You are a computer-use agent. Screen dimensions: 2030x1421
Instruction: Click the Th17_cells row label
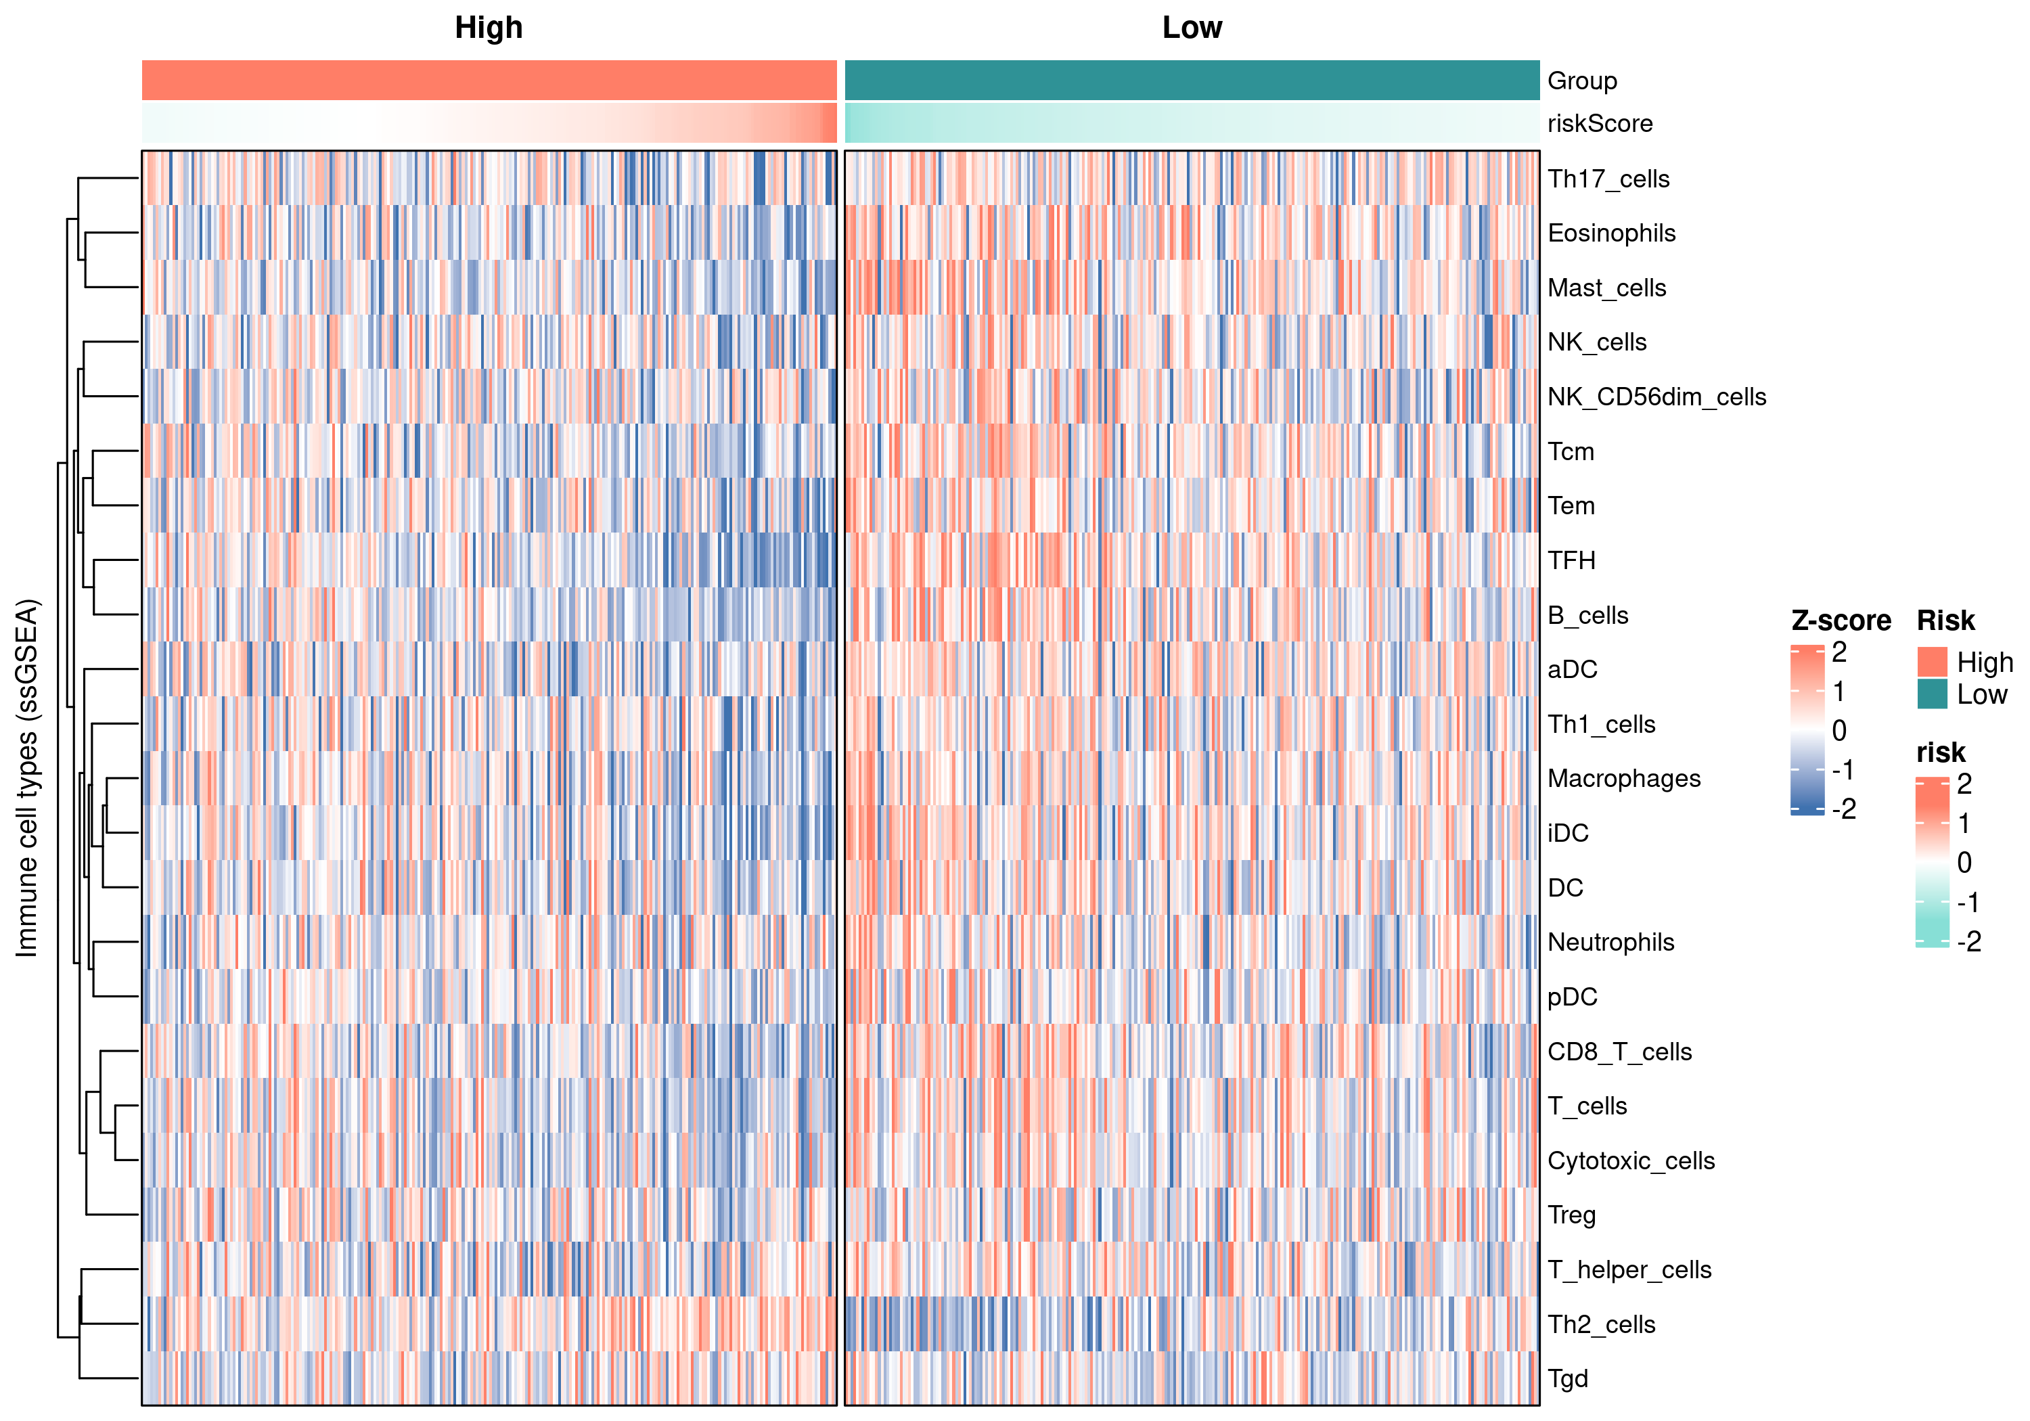[x=1608, y=179]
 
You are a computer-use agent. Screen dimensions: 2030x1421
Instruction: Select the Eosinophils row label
[x=1612, y=233]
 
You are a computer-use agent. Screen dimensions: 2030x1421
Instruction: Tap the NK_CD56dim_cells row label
[x=1657, y=397]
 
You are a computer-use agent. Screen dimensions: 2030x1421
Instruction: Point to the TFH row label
[x=1572, y=561]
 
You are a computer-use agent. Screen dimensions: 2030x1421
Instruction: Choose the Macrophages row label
[x=1624, y=779]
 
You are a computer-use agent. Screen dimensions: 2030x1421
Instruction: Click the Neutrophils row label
[x=1611, y=943]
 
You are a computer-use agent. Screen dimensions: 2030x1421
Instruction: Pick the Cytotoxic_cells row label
[x=1631, y=1161]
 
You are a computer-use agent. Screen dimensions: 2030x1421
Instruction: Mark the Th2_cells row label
[x=1601, y=1325]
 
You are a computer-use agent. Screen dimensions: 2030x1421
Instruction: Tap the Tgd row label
[x=1569, y=1380]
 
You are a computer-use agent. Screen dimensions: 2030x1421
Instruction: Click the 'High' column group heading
[x=489, y=28]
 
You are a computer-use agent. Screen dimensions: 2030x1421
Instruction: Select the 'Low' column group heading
[x=1192, y=28]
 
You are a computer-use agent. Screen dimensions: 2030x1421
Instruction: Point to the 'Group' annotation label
[x=1583, y=81]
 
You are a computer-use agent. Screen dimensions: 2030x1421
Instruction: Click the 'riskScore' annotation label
[x=1600, y=124]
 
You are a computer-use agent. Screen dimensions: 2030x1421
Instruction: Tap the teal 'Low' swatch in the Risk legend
[x=1933, y=694]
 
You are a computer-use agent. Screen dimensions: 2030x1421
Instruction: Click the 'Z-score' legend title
[x=1841, y=621]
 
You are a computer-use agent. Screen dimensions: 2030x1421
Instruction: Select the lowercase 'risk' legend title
[x=1941, y=752]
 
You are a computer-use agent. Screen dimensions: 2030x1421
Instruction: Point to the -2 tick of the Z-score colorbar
[x=1843, y=809]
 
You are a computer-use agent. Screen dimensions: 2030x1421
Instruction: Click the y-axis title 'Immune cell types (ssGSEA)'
[x=28, y=778]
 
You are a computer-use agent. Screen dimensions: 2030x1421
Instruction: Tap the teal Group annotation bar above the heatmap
[x=1192, y=81]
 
